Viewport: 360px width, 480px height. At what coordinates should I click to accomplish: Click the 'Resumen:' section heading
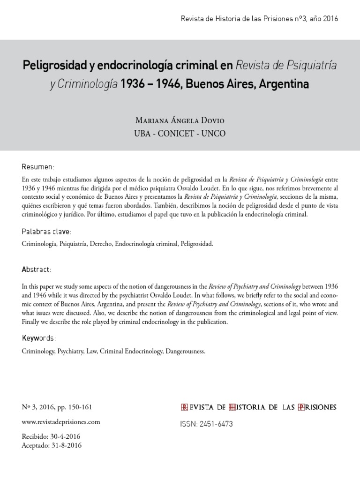tap(38, 167)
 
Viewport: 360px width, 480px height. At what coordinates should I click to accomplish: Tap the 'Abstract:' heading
tap(37, 270)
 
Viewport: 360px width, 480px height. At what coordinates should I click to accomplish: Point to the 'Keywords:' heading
tap(39, 338)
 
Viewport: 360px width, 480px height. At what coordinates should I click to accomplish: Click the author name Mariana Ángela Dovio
tap(180, 120)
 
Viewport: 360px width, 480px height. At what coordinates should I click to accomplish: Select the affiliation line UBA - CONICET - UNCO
tap(180, 134)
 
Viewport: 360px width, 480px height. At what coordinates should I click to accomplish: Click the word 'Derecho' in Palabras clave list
tap(99, 244)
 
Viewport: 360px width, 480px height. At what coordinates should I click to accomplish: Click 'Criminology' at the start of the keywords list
tap(37, 351)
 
